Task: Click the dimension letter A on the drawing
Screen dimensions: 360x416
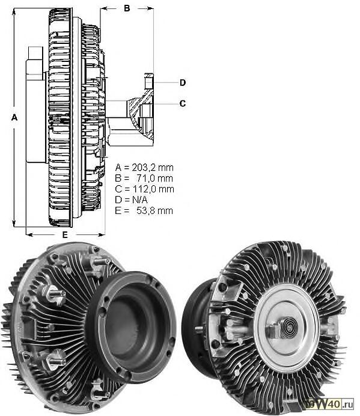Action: [x=14, y=117]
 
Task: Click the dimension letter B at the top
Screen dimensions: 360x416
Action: [x=127, y=8]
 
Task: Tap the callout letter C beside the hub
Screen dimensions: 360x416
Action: [x=183, y=103]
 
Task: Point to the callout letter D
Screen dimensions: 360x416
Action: [x=183, y=83]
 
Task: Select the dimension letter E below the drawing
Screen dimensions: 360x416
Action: [x=65, y=235]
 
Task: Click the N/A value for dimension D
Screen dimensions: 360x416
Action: [x=139, y=200]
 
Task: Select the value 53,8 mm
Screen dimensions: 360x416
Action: [x=154, y=210]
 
